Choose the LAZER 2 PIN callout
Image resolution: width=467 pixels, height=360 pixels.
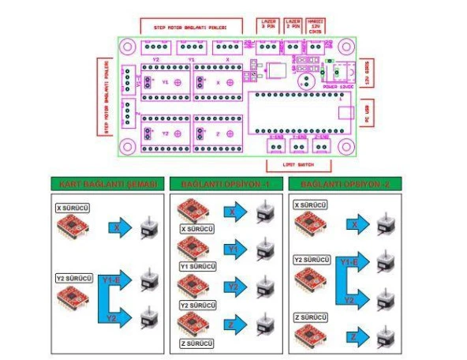click(x=293, y=26)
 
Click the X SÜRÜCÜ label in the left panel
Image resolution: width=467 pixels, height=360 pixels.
click(x=74, y=208)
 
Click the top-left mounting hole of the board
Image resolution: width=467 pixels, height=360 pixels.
click(x=127, y=47)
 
